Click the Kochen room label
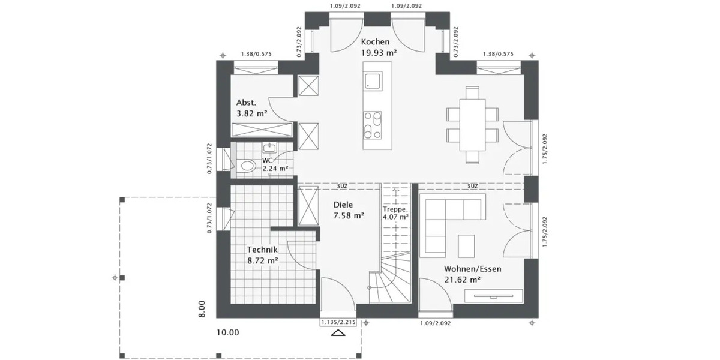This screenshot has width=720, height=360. (x=375, y=42)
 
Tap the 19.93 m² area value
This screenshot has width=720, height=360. (x=379, y=53)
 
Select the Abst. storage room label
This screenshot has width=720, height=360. (x=247, y=102)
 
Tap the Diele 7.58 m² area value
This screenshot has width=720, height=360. (x=349, y=215)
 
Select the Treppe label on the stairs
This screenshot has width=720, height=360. (x=395, y=209)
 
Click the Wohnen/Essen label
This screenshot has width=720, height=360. (x=472, y=269)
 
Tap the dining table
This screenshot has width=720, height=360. (x=473, y=125)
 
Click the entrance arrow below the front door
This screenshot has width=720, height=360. (x=339, y=334)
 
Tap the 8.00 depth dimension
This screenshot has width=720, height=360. (x=203, y=308)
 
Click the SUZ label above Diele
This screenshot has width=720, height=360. (x=342, y=186)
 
